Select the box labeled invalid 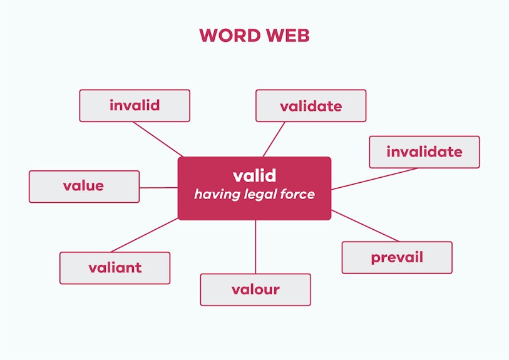[135, 106]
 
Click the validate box [311, 106]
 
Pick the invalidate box [424, 152]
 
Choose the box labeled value [84, 187]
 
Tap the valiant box [115, 268]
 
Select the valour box [255, 290]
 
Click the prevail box [397, 257]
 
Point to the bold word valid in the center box [254, 176]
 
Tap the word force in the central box [297, 194]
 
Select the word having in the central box [217, 195]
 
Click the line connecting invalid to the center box [158, 140]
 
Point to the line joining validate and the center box [274, 140]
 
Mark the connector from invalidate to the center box [374, 179]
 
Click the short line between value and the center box [159, 188]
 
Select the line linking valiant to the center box [145, 235]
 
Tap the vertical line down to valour [255, 247]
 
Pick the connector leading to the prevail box [365, 226]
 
